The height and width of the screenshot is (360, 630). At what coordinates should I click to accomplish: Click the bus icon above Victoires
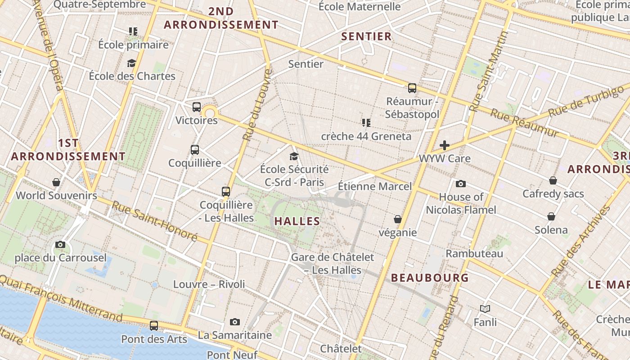[197, 107]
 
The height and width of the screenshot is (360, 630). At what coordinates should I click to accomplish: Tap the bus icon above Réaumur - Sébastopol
[412, 88]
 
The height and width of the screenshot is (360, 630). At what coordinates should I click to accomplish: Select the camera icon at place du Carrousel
[60, 245]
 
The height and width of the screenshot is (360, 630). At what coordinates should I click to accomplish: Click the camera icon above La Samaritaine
[234, 322]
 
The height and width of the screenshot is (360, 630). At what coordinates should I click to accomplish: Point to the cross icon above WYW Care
[445, 145]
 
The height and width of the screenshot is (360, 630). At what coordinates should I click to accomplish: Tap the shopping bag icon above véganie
[398, 219]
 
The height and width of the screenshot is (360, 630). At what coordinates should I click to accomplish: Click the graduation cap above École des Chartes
[131, 63]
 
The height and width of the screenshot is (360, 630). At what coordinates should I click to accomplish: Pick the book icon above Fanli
[485, 309]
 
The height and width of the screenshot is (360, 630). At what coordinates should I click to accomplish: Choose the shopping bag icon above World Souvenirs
[56, 182]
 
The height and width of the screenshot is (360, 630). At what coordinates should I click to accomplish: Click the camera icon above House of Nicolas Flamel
[461, 184]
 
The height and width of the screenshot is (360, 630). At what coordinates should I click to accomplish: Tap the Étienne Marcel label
[375, 186]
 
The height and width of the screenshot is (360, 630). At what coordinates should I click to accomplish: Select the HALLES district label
[297, 221]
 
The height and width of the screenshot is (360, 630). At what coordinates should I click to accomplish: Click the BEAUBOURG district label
[430, 278]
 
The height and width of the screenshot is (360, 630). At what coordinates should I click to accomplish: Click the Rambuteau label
[474, 253]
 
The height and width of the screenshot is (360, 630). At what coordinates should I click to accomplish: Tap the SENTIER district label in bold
[366, 36]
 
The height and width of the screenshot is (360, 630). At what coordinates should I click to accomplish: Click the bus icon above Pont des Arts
[154, 325]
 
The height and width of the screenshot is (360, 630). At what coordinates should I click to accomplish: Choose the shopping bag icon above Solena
[551, 216]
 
